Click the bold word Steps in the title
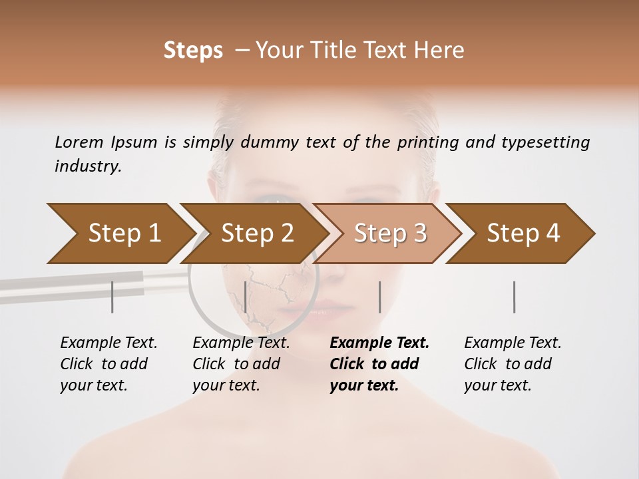[x=193, y=51]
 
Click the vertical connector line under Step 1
[x=112, y=297]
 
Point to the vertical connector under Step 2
[x=246, y=297]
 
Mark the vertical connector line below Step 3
[x=380, y=297]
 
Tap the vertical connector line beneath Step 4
[x=515, y=297]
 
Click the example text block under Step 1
[x=108, y=364]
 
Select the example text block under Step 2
[x=241, y=364]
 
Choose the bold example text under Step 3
[x=379, y=364]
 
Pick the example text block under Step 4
[x=513, y=364]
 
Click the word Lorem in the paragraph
[x=79, y=142]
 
